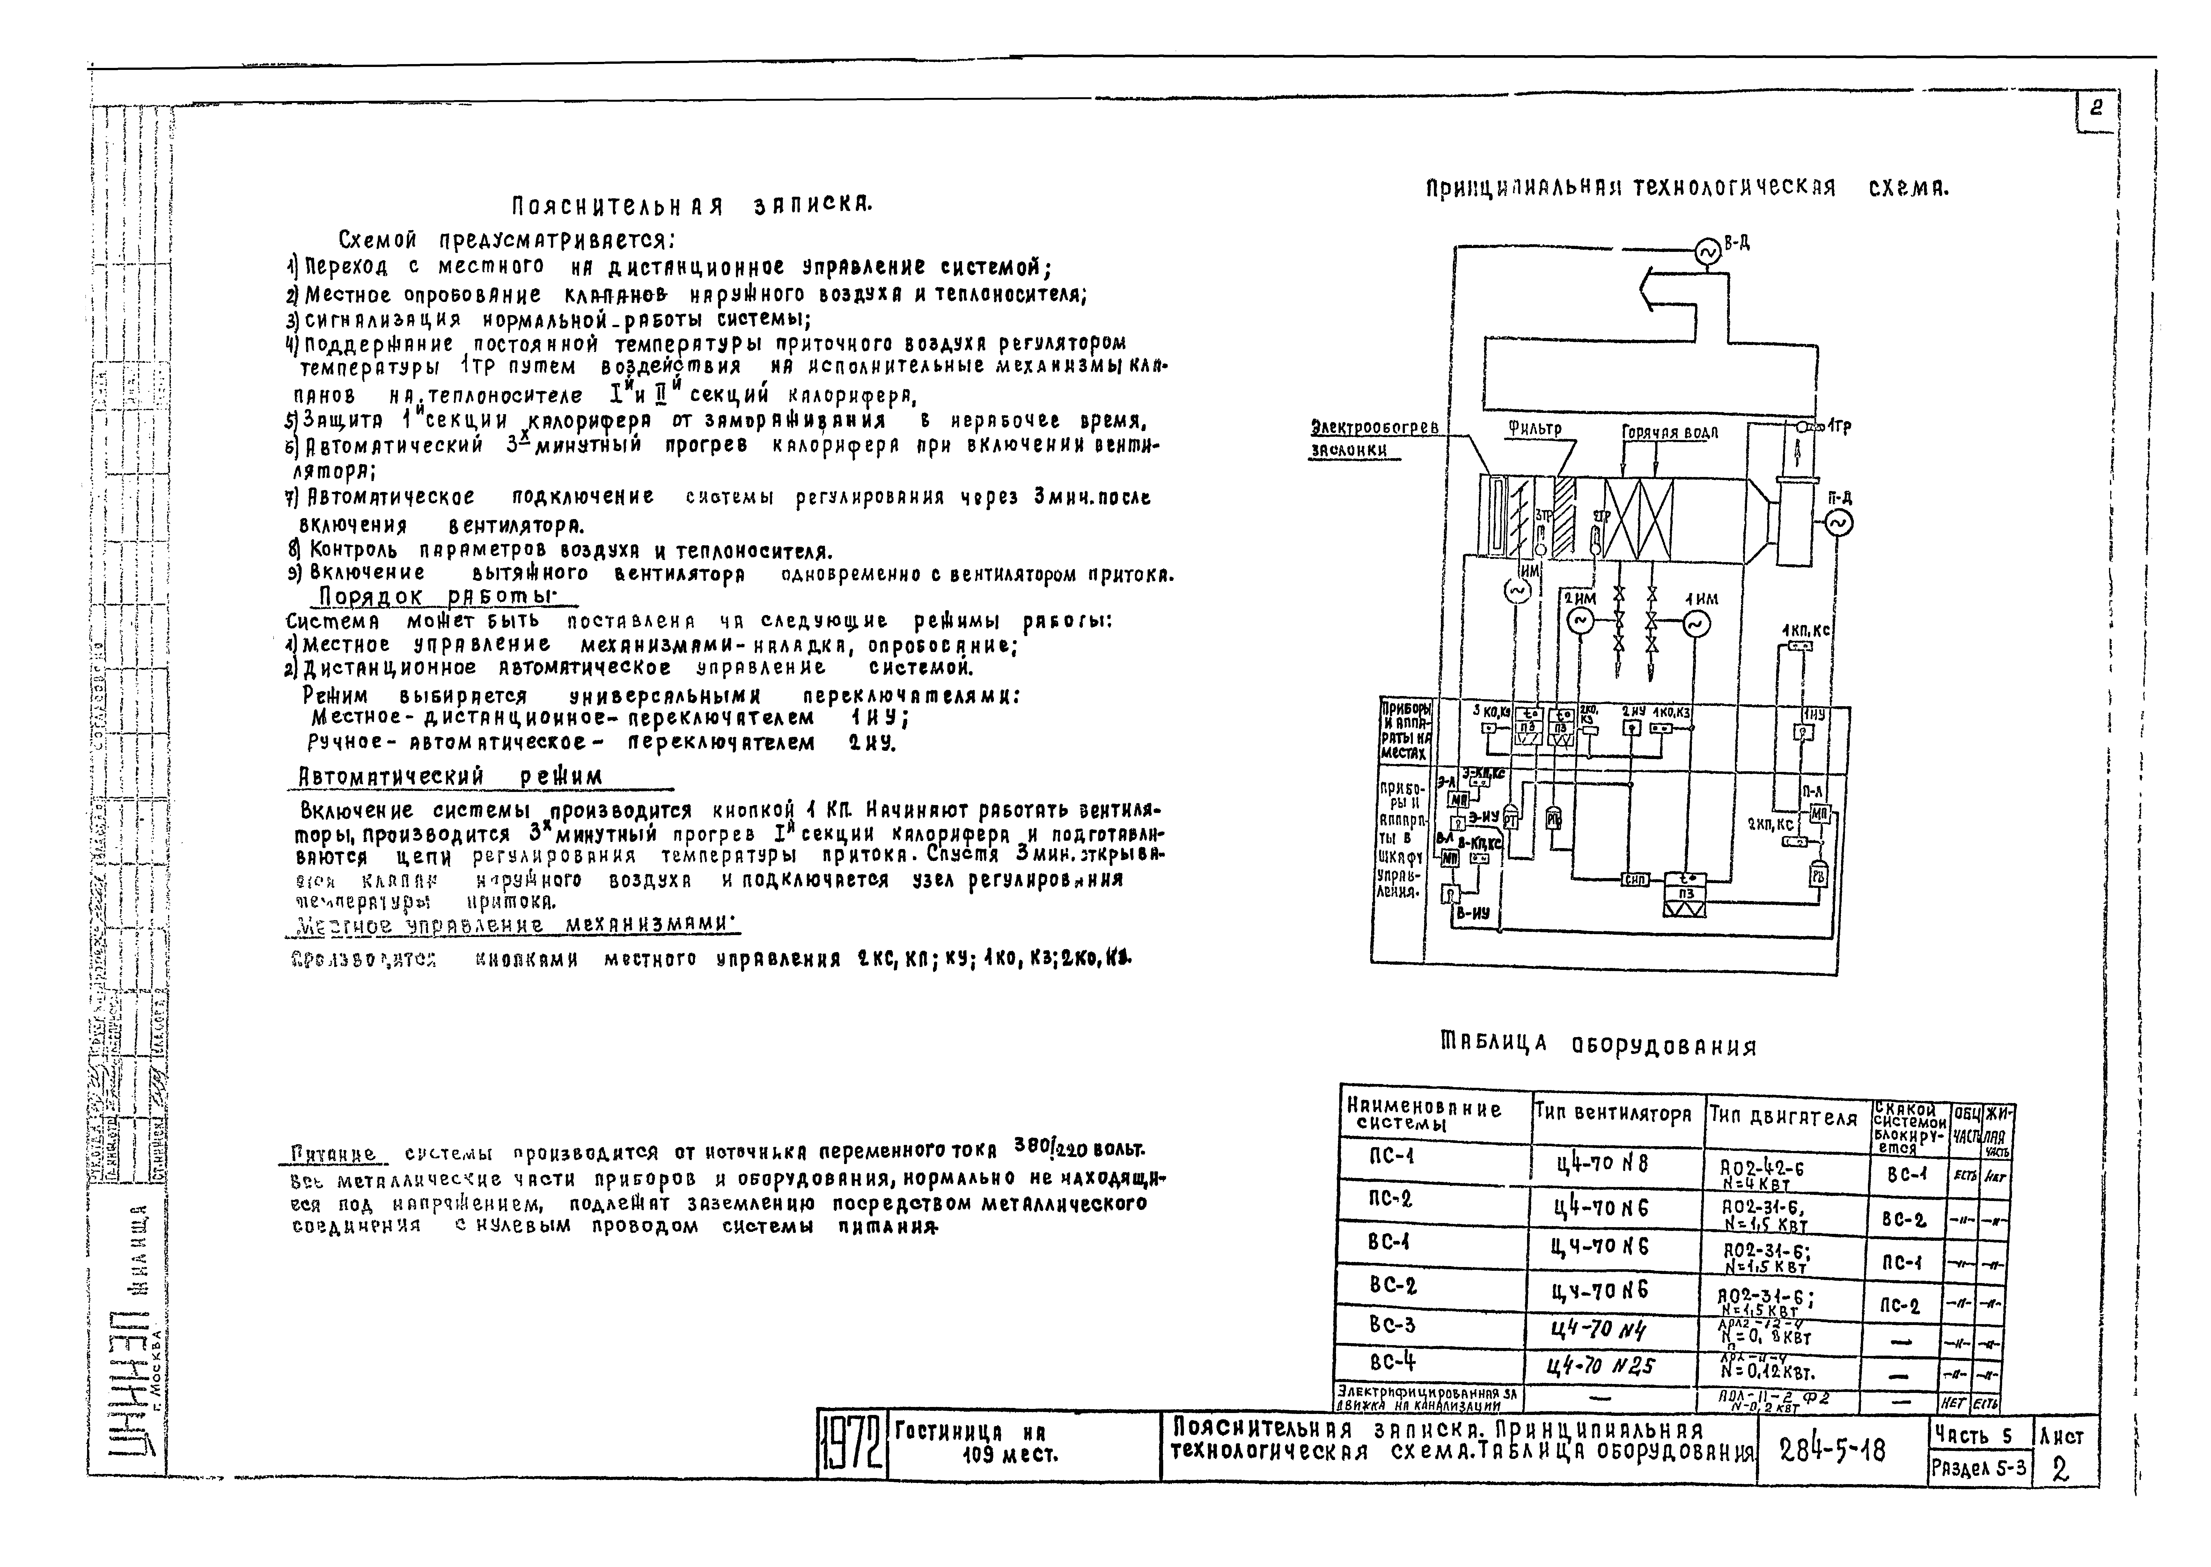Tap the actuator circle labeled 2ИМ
point(1580,622)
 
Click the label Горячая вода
point(1670,432)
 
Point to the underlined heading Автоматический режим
point(450,777)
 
